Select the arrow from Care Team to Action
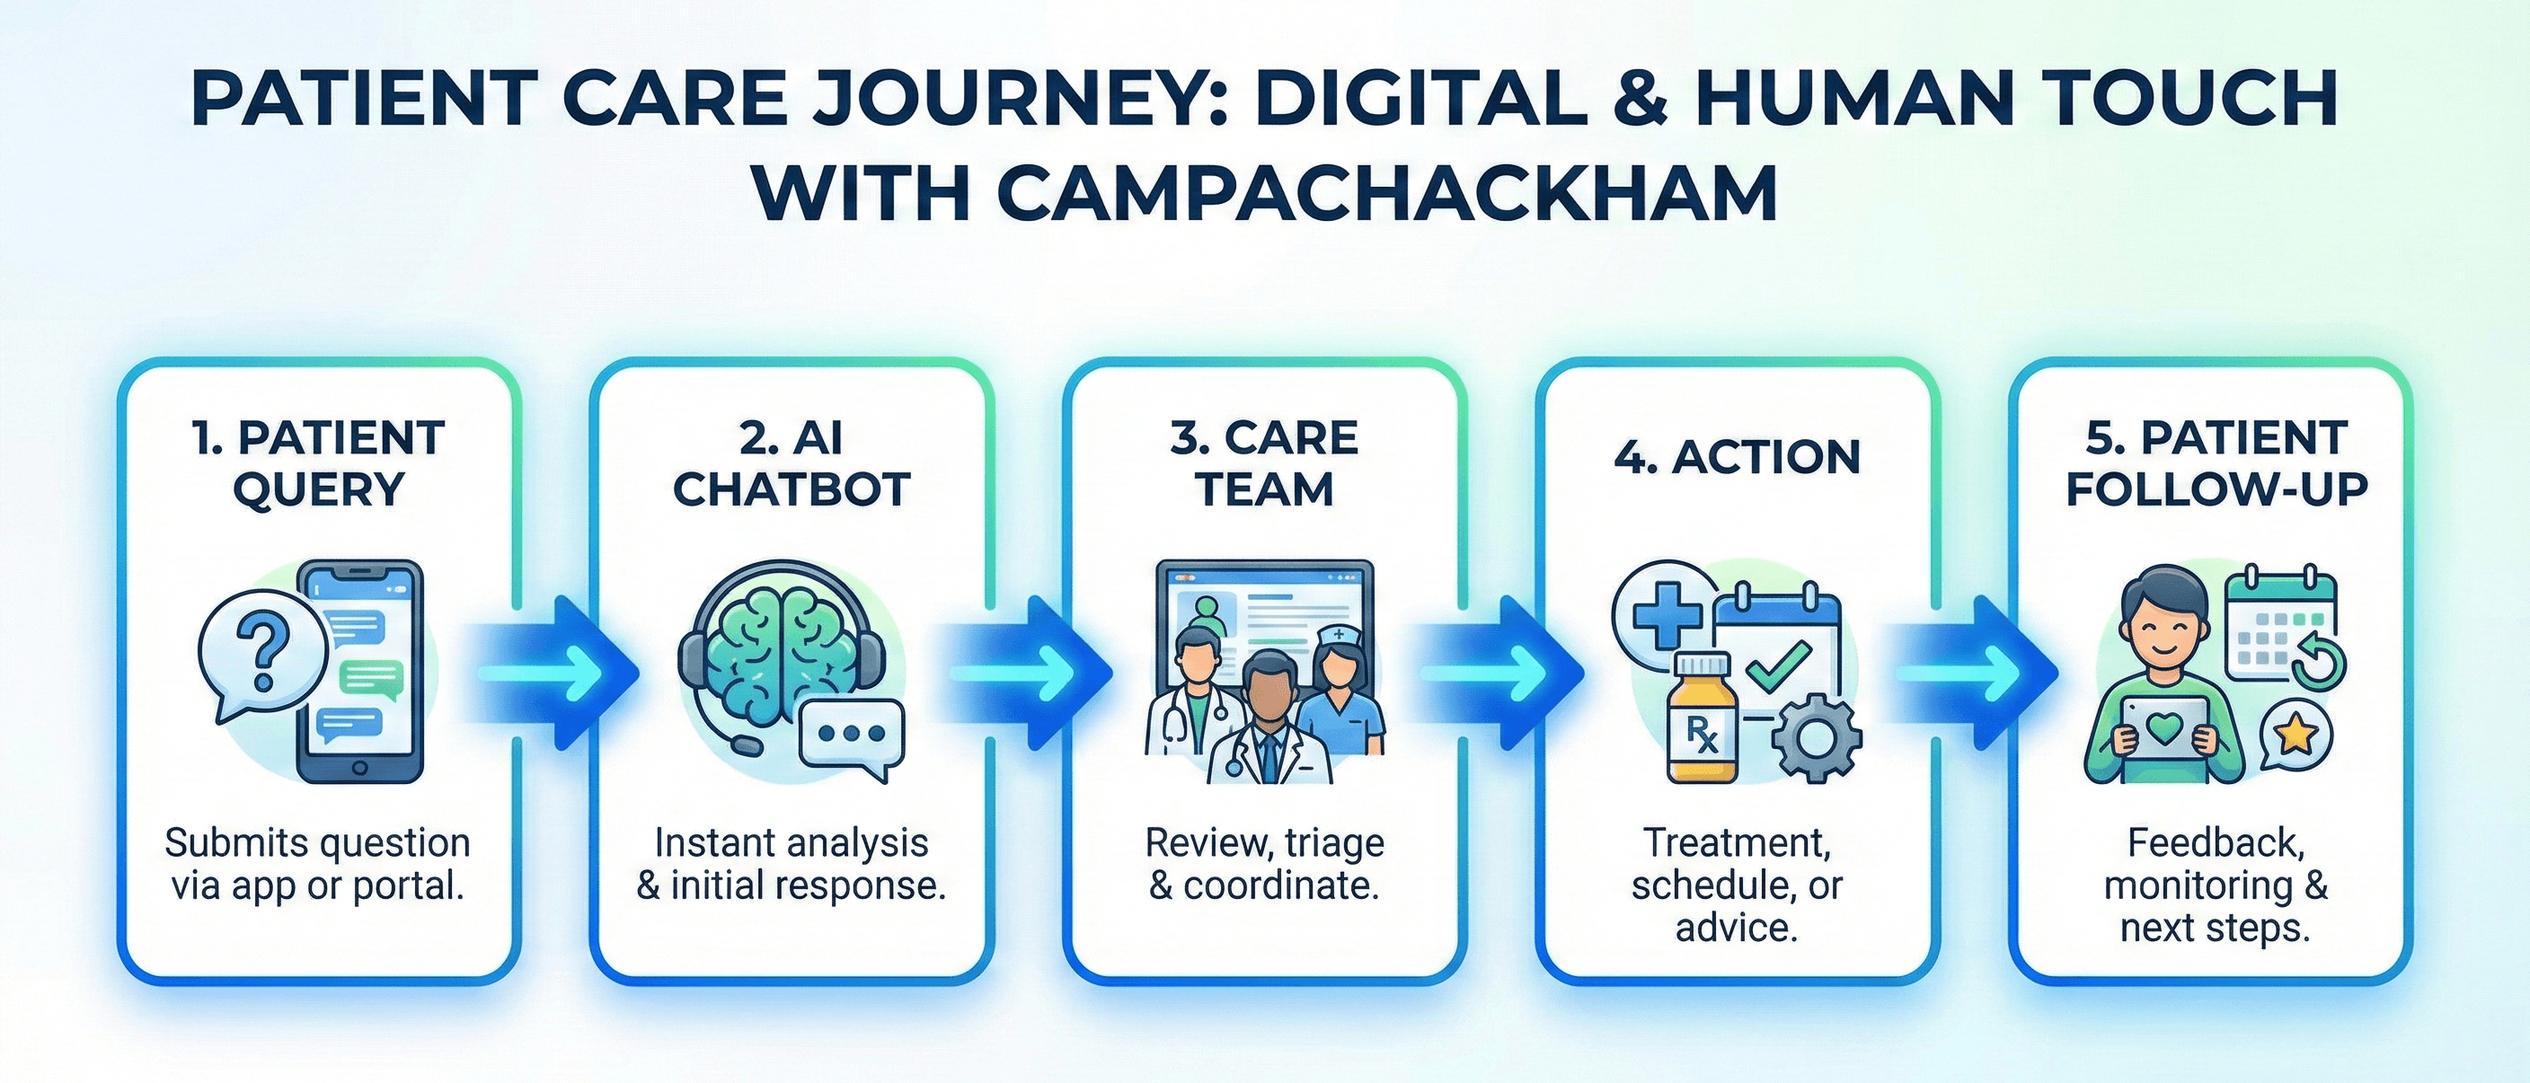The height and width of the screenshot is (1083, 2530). (x=1499, y=674)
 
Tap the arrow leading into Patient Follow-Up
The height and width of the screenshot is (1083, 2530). (x=1974, y=674)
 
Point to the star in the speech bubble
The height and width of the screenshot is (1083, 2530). (x=2296, y=735)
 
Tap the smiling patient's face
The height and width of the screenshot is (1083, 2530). (x=2163, y=630)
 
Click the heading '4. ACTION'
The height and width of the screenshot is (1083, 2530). (x=1737, y=458)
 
